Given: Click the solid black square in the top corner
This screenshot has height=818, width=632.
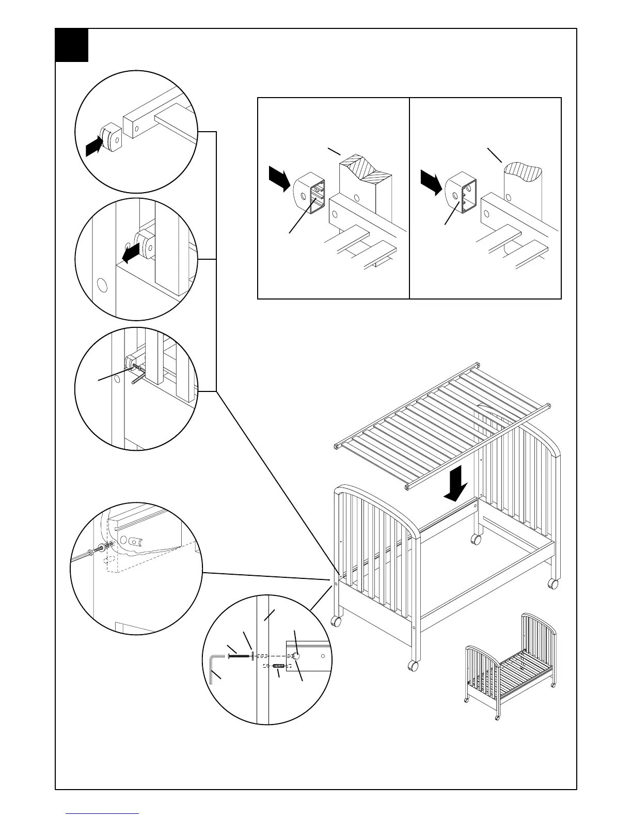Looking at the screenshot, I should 72,45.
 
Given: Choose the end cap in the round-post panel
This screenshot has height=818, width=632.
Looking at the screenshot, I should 461,196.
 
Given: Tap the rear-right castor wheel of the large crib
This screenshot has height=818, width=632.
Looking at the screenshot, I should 552,584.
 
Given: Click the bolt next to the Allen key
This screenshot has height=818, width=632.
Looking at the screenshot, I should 239,657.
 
